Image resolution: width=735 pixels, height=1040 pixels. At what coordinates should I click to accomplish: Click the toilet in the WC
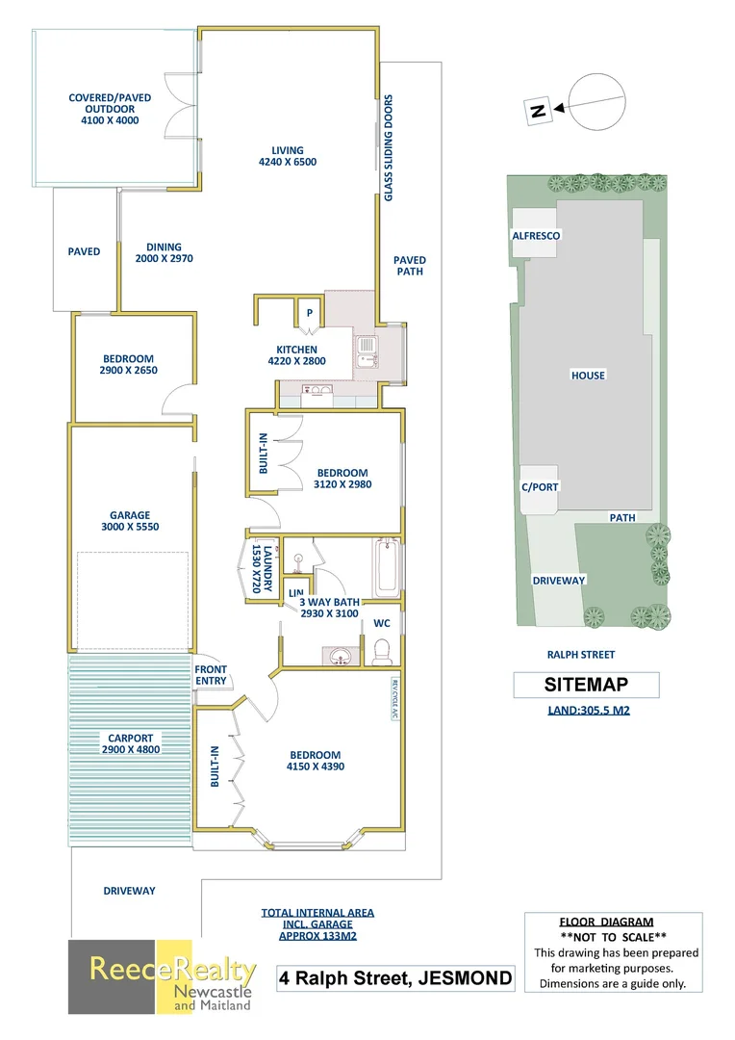[383, 651]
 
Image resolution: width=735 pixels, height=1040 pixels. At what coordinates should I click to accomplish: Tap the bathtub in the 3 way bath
[387, 568]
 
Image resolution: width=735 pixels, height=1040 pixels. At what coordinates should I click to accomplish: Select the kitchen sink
[367, 351]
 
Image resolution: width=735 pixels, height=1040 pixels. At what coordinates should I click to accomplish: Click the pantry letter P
[309, 312]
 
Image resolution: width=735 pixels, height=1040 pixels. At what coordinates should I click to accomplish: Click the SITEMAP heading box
[586, 685]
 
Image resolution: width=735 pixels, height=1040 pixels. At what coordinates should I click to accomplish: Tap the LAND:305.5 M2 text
[589, 711]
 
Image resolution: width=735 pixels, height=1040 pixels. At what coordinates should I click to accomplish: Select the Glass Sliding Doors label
[389, 148]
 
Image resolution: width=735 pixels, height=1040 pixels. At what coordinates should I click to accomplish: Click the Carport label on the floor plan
[131, 739]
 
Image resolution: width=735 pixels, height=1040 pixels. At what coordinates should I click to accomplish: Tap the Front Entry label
[211, 675]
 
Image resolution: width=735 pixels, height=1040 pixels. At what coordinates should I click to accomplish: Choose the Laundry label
[267, 568]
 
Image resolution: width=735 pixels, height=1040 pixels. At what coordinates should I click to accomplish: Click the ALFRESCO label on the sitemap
[536, 236]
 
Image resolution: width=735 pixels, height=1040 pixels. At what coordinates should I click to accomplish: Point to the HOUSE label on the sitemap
[588, 376]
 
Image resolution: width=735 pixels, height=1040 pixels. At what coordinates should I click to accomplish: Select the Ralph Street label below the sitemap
[580, 655]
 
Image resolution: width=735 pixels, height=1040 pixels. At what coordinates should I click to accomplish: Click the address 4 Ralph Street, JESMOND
[395, 978]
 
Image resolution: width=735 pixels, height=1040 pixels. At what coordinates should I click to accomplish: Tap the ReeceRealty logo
[163, 977]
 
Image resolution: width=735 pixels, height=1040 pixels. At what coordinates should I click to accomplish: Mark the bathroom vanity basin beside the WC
[341, 657]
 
